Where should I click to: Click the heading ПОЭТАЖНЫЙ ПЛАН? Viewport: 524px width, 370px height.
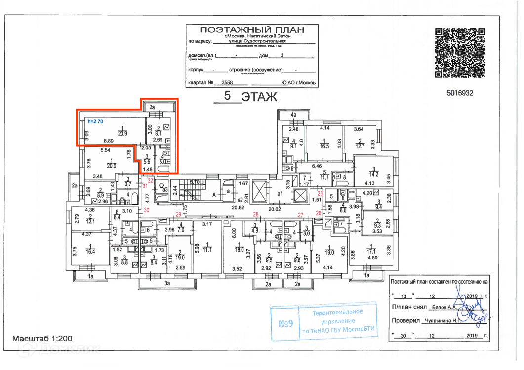click(252, 30)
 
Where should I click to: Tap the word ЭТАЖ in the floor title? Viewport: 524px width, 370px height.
click(259, 96)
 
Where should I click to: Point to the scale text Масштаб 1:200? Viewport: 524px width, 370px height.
click(42, 339)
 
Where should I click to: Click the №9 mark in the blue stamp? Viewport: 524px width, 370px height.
click(285, 324)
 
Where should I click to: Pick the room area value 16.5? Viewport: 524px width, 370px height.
click(324, 146)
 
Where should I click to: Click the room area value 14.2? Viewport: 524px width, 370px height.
click(374, 173)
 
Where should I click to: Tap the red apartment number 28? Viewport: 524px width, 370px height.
click(256, 214)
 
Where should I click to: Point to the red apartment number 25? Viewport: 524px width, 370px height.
click(320, 193)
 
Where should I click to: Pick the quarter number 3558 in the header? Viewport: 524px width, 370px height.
click(227, 83)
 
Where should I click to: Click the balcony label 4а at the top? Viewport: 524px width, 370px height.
click(293, 115)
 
